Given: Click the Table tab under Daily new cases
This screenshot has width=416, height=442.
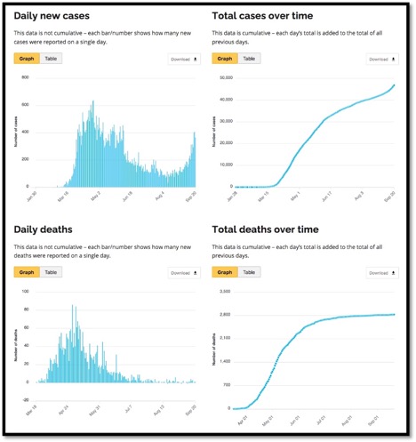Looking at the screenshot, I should tap(50, 59).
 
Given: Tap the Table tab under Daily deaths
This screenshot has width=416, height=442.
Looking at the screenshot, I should tap(50, 273).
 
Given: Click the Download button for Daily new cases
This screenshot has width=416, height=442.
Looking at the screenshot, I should tap(185, 60).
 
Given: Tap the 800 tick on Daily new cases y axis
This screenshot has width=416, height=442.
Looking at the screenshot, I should tap(27, 77).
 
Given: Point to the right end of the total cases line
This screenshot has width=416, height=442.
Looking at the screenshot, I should tap(394, 85).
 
